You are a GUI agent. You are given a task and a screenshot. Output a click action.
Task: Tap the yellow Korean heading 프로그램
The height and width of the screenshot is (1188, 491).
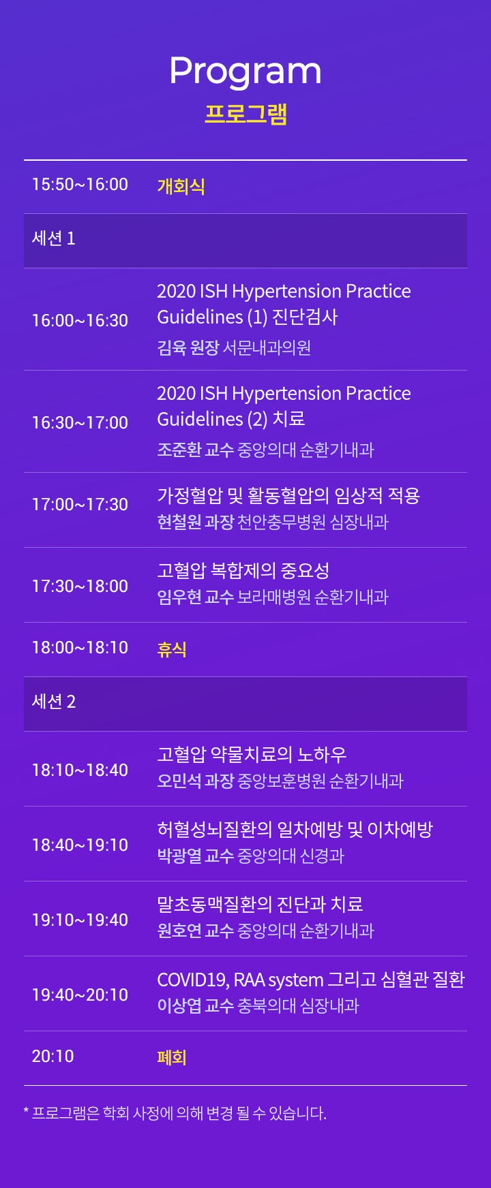[245, 114]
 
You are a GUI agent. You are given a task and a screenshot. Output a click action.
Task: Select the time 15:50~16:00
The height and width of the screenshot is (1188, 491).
[80, 185]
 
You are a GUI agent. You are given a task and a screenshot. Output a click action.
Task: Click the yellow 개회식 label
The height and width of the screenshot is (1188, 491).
[181, 186]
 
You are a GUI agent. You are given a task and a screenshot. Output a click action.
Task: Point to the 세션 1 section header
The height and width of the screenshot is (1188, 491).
[54, 238]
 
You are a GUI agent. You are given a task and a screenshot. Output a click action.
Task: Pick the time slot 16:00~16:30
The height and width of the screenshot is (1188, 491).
[80, 321]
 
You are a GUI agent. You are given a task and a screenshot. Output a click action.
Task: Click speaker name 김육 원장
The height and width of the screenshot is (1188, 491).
[188, 348]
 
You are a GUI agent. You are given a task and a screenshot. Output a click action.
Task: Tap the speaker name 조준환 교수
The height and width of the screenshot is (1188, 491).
[196, 450]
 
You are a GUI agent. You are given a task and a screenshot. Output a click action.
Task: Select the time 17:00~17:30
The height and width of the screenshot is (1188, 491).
[80, 505]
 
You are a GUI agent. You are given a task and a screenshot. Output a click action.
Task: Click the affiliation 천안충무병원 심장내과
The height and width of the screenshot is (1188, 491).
[313, 522]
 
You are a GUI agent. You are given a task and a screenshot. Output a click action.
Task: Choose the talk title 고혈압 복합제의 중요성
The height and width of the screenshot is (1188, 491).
[243, 570]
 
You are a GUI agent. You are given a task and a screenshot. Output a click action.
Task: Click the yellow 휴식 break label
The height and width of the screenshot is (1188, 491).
[172, 649]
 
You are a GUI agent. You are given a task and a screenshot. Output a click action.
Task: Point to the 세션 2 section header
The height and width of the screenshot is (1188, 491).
[54, 702]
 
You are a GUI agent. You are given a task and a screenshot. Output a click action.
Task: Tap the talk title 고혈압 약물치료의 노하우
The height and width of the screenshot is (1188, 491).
[252, 754]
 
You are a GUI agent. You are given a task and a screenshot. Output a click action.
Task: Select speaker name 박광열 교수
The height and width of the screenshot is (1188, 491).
[196, 856]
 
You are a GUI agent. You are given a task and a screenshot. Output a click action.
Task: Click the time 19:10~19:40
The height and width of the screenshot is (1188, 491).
[80, 920]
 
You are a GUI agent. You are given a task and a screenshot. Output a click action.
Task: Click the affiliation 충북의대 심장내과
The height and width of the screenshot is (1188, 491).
[298, 1006]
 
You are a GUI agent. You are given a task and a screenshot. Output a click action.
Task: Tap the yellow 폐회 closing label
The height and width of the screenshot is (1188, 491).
[172, 1057]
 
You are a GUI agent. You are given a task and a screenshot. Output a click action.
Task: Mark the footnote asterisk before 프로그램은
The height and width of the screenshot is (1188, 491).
[26, 1111]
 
